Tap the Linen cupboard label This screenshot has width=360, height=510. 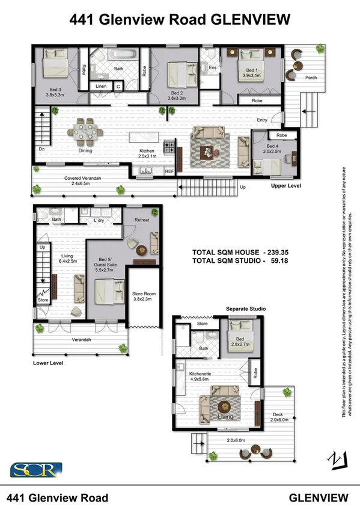[100, 87]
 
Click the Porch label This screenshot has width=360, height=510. [311, 78]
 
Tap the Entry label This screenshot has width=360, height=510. [262, 120]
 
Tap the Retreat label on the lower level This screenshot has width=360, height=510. [141, 220]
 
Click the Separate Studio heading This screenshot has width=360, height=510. [245, 309]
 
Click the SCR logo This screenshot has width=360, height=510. [36, 469]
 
